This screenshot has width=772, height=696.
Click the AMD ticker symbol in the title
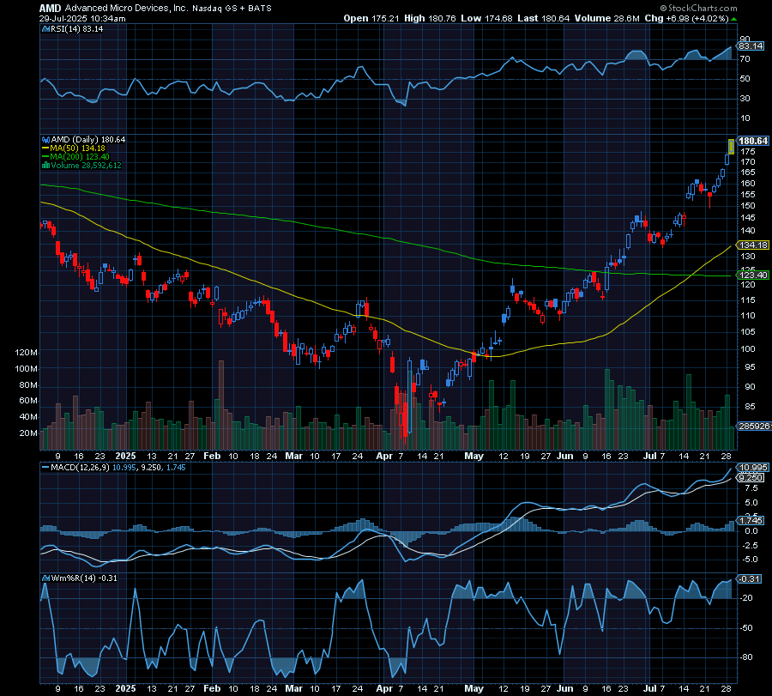click(x=50, y=6)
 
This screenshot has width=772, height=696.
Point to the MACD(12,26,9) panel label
click(x=82, y=467)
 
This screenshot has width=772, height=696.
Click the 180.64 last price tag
click(x=751, y=141)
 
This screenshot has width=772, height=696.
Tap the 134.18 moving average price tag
click(x=751, y=245)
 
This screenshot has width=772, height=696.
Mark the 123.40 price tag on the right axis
click(x=751, y=275)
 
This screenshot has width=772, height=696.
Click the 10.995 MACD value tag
click(x=752, y=467)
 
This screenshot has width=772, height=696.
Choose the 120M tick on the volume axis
click(x=26, y=353)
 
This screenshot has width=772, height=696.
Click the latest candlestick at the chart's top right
click(x=731, y=147)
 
